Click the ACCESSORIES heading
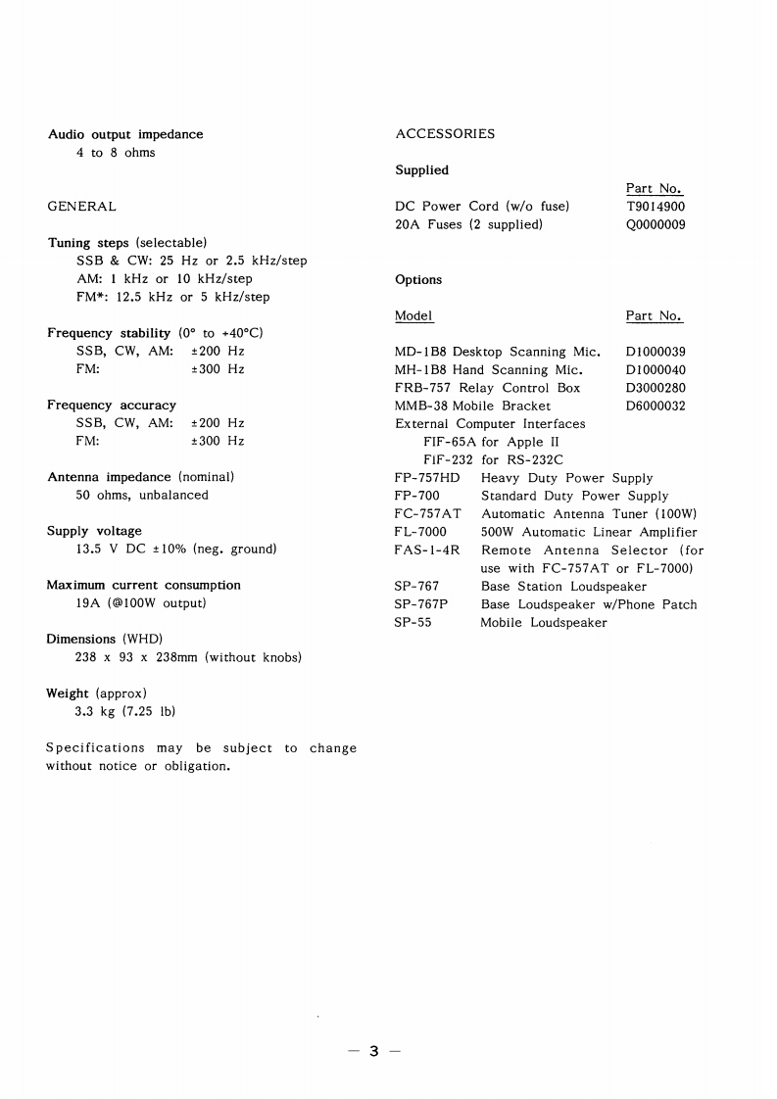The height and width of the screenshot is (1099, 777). point(445,133)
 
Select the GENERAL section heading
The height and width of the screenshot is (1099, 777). point(81,206)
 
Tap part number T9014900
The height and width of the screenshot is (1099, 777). point(656,207)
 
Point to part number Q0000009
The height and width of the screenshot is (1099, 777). point(656,224)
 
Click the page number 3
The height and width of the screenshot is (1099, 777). point(373,1052)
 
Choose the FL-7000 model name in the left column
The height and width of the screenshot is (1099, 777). point(420,532)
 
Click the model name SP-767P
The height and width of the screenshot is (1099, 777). point(421,604)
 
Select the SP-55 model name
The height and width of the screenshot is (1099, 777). point(413,622)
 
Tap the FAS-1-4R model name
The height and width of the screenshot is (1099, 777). point(427,550)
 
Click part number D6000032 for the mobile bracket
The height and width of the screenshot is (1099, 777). point(656,406)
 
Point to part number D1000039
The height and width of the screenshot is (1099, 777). point(656,352)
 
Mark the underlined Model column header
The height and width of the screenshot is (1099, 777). point(413,315)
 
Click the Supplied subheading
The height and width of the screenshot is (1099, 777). point(421,170)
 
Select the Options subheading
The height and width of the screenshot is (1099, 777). point(418,279)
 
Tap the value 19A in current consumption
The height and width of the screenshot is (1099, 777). point(89,603)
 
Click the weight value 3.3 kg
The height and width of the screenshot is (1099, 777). point(96,711)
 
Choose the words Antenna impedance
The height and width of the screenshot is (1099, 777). point(109,477)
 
